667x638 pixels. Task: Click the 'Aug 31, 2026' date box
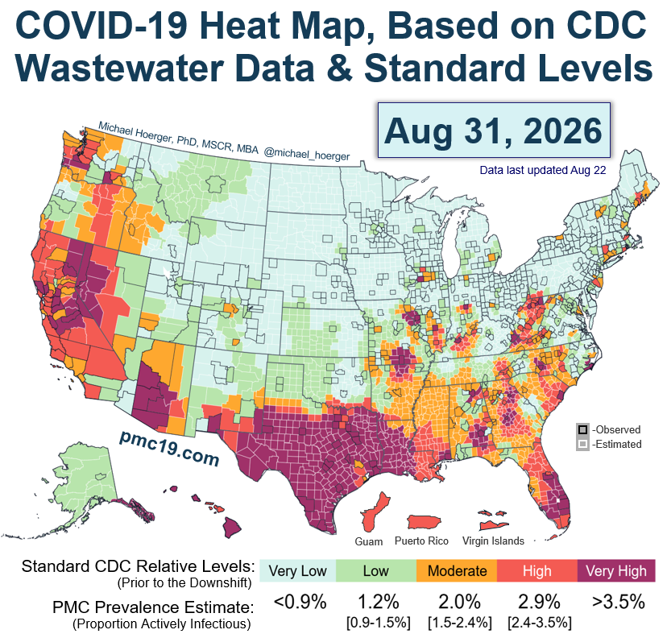tap(494, 130)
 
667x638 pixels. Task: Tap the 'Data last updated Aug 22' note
tap(543, 170)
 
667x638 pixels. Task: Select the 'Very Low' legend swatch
tap(297, 571)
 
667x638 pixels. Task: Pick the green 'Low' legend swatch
tap(375, 571)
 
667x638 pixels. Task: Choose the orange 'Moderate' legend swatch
tap(457, 571)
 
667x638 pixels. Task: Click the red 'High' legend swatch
tap(536, 571)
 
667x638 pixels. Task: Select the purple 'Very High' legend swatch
tap(616, 571)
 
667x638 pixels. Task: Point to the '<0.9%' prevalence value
tap(300, 602)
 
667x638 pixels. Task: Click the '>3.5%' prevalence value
tap(619, 602)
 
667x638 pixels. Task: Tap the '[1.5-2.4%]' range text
tap(460, 623)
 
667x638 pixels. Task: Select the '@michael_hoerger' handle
tap(307, 154)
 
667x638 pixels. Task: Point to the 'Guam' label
tap(369, 542)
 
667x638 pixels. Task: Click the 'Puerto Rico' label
tap(421, 541)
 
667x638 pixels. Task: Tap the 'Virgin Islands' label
tap(494, 541)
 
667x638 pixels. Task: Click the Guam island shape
tap(375, 512)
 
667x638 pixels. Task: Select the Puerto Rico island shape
tap(424, 521)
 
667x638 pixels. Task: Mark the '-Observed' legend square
tap(582, 429)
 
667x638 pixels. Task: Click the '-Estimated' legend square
tap(582, 445)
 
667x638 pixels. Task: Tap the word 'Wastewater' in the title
tap(119, 68)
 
